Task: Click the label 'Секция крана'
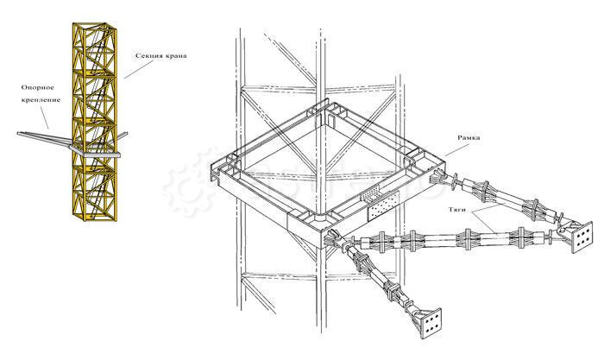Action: point(161,57)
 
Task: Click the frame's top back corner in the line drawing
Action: point(331,110)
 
